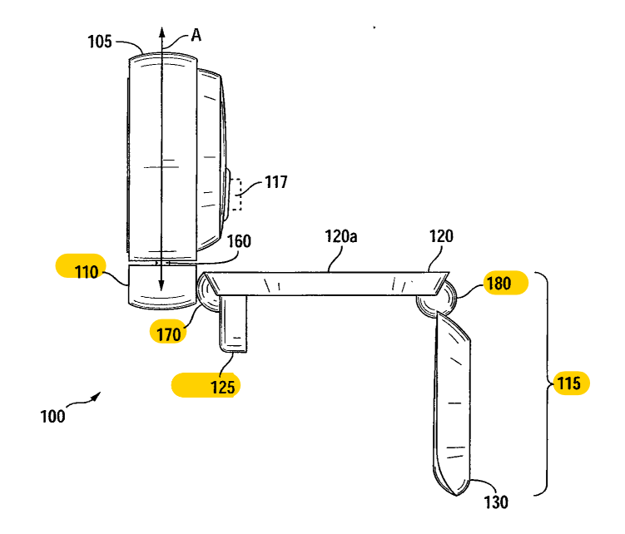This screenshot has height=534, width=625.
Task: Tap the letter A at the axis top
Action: tap(196, 35)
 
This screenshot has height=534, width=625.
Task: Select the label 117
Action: tap(276, 182)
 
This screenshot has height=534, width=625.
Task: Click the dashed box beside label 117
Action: tap(239, 194)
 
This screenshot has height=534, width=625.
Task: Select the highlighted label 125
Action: tap(204, 385)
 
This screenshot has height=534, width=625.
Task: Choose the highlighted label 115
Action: tap(571, 384)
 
